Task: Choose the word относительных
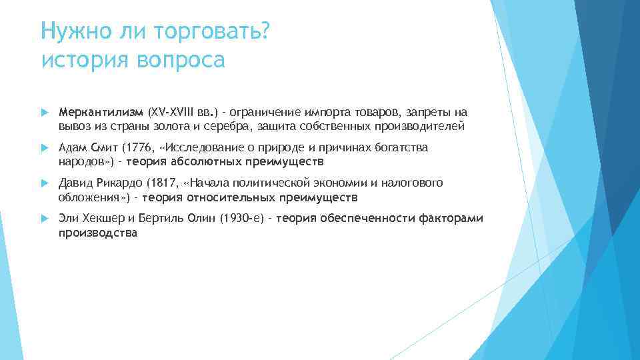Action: (x=227, y=197)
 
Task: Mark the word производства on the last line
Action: (x=97, y=233)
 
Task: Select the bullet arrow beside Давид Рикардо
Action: (x=44, y=183)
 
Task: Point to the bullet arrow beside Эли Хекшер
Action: (x=44, y=218)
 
